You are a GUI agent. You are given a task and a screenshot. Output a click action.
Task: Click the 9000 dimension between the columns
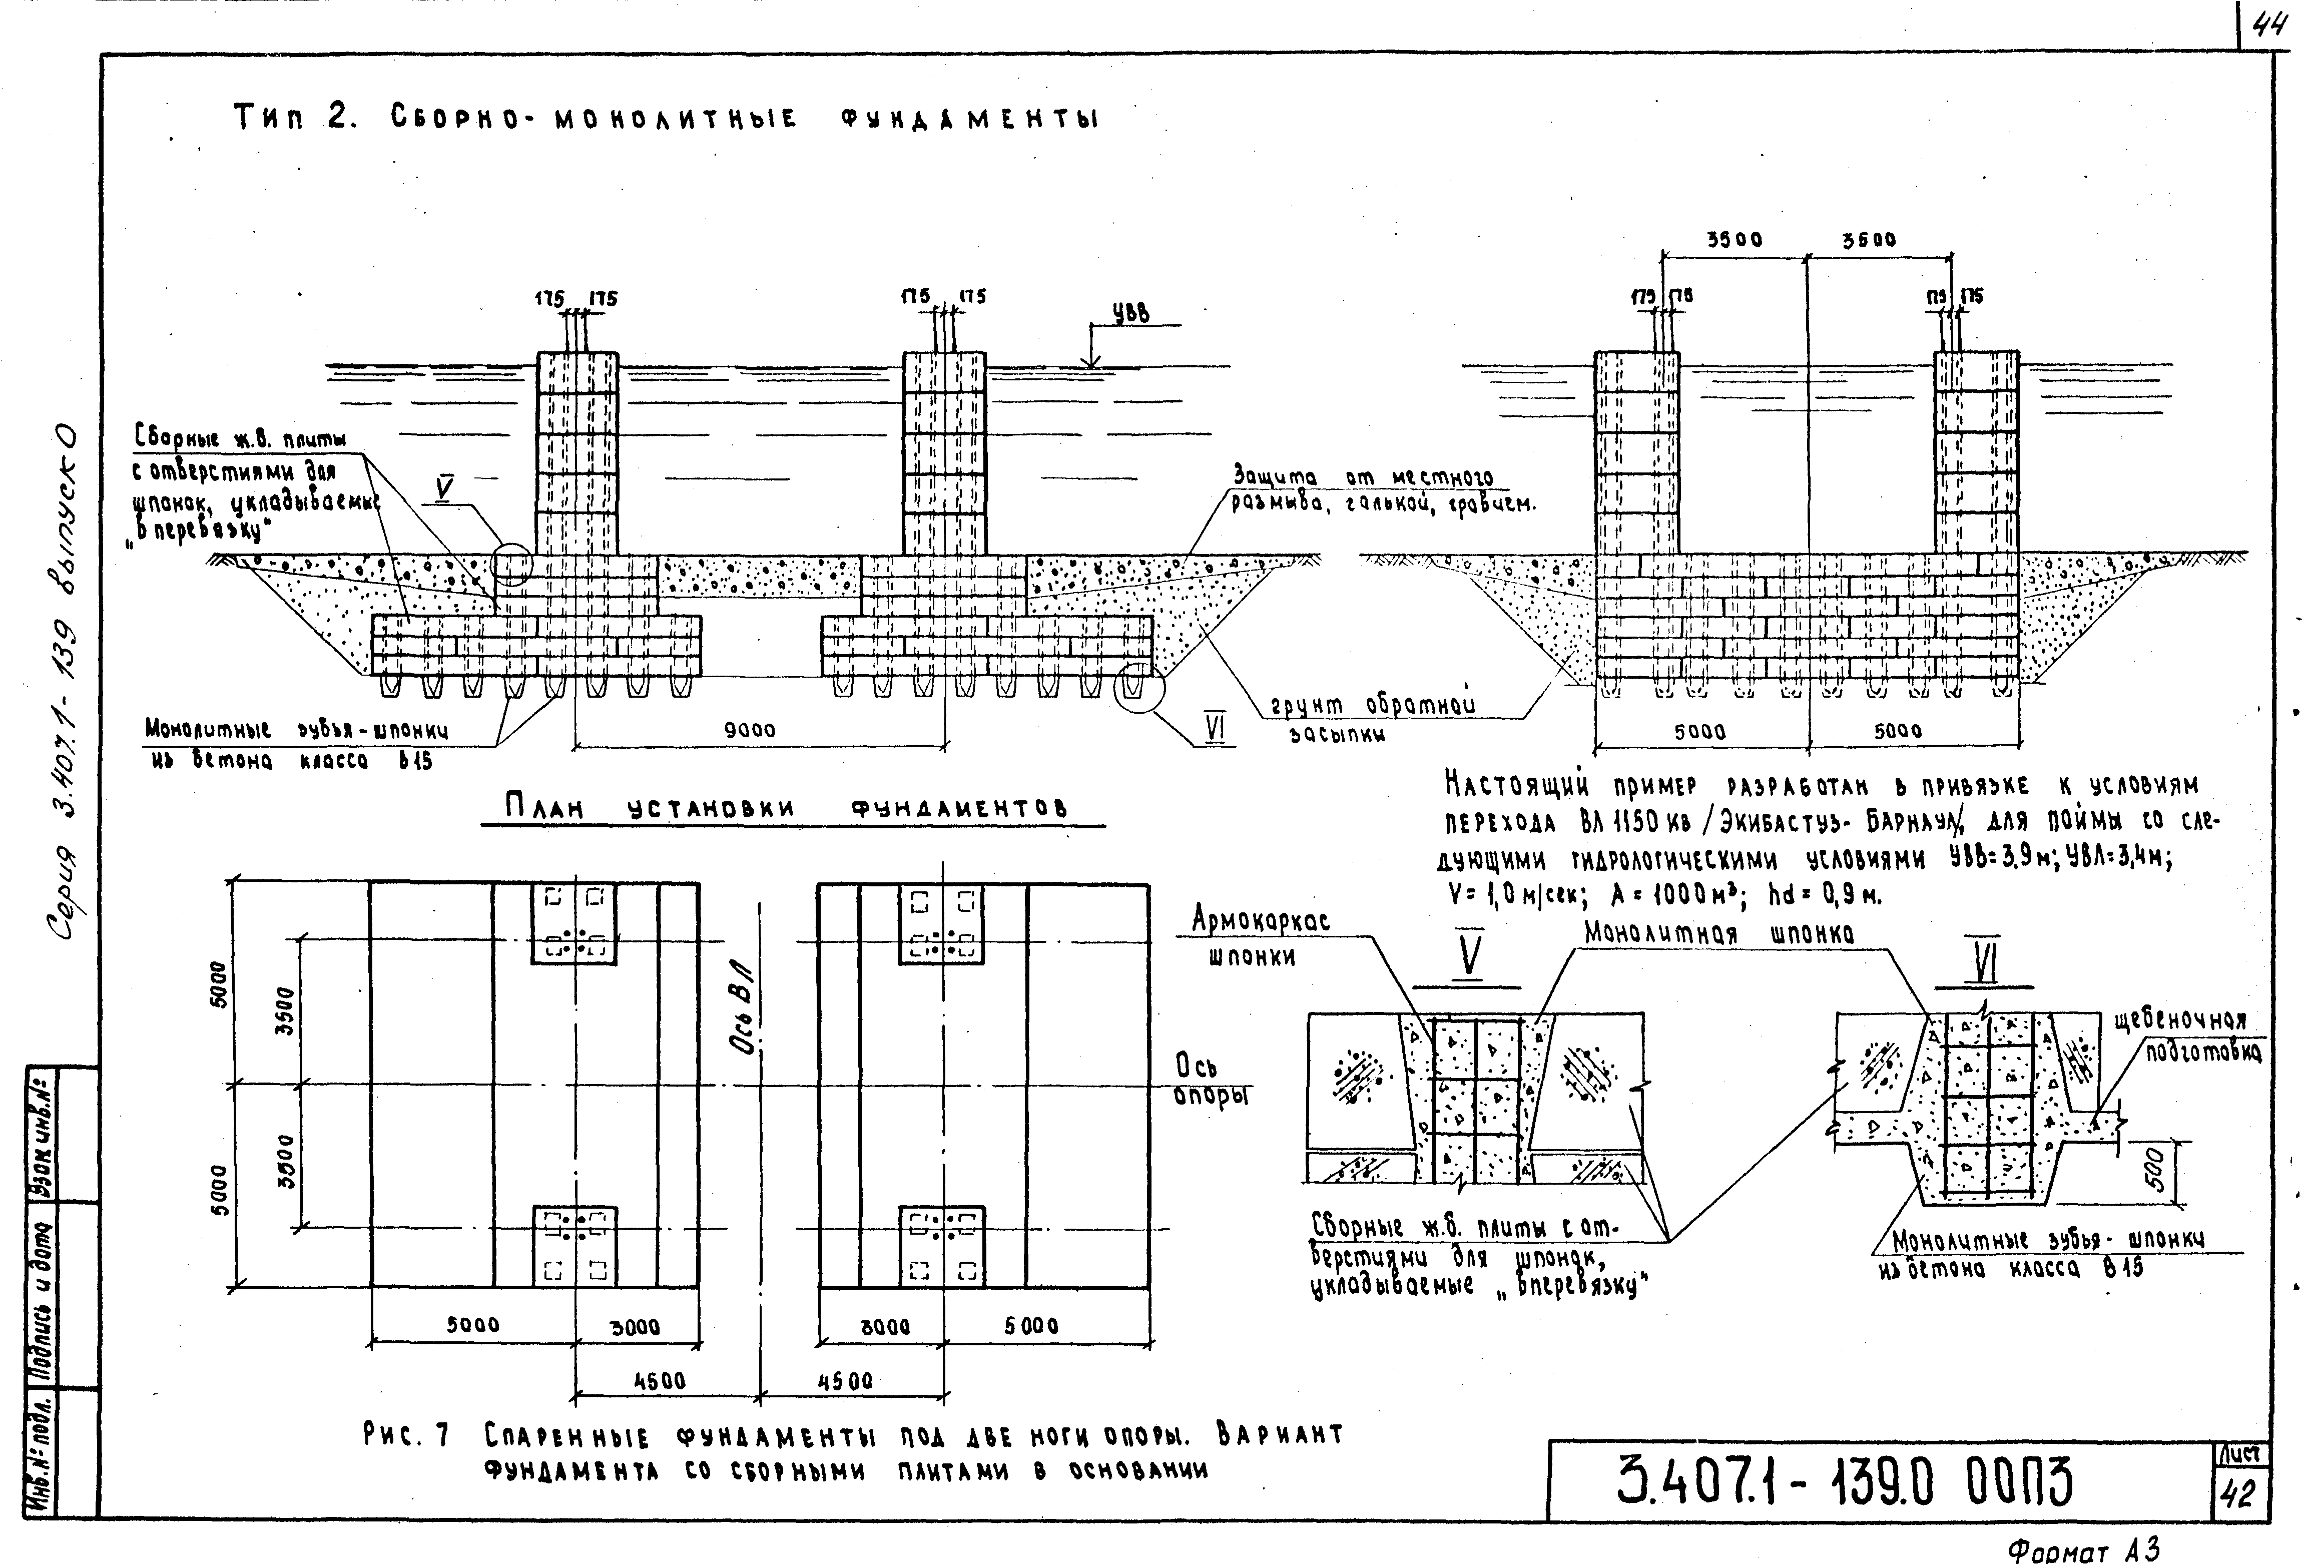[749, 731]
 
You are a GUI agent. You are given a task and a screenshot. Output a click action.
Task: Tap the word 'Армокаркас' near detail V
[1260, 921]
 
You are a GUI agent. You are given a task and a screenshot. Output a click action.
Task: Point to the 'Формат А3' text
[2083, 1547]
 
